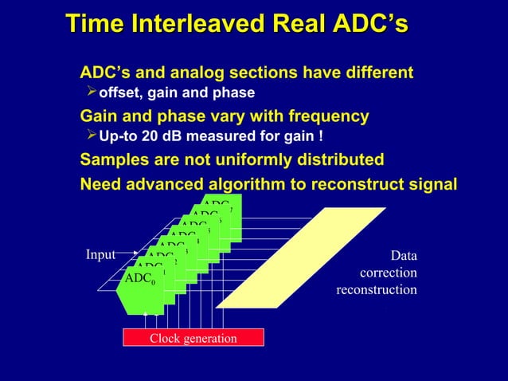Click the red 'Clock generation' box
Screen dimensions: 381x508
193,339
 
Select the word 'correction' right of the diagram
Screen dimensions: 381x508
388,273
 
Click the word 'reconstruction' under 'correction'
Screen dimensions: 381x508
376,289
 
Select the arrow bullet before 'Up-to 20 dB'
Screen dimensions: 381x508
90,139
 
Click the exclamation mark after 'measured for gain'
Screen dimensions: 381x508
320,139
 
